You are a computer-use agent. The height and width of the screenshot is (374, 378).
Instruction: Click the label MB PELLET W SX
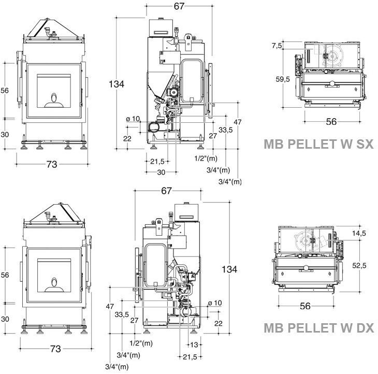[x=318, y=144]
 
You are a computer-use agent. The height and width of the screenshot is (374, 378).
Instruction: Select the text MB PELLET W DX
[x=318, y=328]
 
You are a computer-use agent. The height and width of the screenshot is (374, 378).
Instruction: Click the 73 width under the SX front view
[x=51, y=164]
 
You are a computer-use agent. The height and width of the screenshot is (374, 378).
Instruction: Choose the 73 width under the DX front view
[x=55, y=349]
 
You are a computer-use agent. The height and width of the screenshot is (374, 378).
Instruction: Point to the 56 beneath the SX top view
[x=331, y=121]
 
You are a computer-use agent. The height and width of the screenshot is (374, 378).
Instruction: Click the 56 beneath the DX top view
[x=306, y=306]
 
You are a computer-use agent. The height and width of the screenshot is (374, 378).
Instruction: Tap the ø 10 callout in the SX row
[x=133, y=119]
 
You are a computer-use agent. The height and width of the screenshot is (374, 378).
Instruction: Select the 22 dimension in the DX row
[x=218, y=323]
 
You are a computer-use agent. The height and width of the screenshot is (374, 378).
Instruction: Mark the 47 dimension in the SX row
[x=238, y=122]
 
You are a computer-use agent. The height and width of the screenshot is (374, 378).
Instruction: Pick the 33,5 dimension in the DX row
[x=122, y=314]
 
